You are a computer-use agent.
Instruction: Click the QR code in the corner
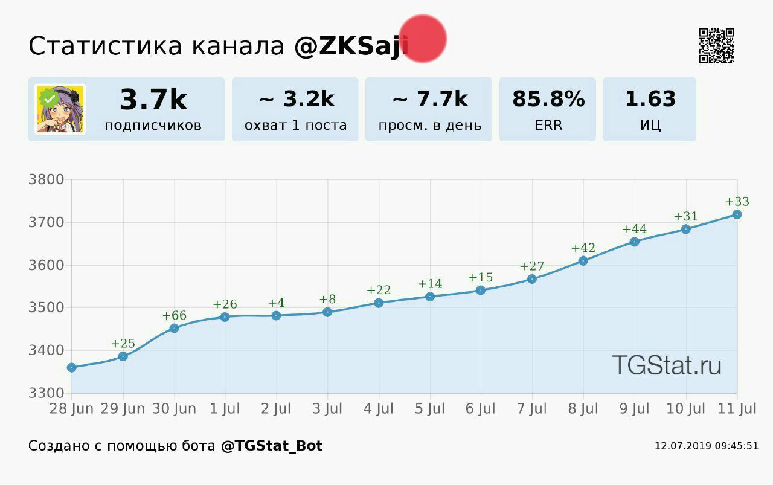coord(716,45)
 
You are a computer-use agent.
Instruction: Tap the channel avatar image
coord(60,109)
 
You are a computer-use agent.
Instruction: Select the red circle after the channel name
coord(423,39)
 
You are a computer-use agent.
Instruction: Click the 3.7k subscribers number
coord(153,100)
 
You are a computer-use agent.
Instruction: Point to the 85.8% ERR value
coord(548,99)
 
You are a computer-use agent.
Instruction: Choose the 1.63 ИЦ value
coord(650,99)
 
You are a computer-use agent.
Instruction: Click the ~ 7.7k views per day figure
coord(430,99)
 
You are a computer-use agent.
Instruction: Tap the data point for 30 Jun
coord(174,328)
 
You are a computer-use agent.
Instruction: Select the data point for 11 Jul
coord(737,214)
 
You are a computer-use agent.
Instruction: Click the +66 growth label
coord(174,315)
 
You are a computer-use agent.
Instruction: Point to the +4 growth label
coord(276,303)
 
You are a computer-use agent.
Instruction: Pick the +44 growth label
coord(634,229)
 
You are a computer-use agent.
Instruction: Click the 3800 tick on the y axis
coord(46,179)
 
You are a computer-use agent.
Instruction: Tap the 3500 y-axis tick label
coord(46,307)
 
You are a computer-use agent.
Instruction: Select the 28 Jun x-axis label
coord(71,409)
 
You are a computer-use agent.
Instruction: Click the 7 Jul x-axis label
coord(531,409)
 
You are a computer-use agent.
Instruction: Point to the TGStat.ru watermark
coord(666,365)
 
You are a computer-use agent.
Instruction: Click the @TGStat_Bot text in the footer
coord(271,446)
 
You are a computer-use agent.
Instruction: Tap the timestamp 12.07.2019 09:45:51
coord(706,446)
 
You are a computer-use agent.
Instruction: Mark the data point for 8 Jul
coord(583,260)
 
